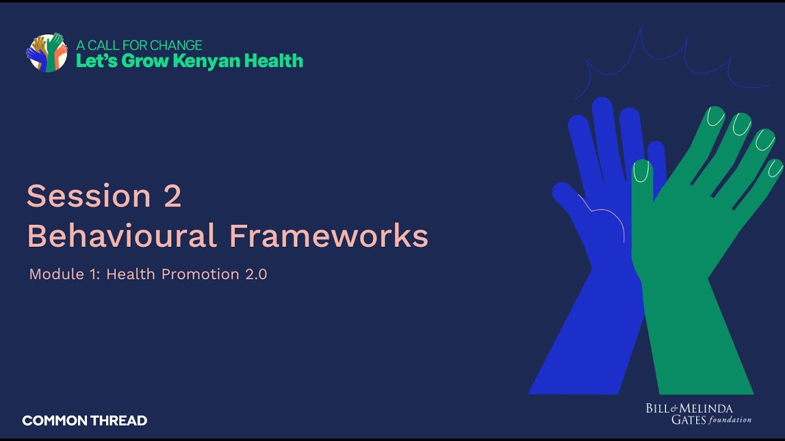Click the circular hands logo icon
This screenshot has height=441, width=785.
[47, 53]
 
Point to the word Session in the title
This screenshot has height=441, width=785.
[88, 196]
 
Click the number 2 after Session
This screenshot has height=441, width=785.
[172, 196]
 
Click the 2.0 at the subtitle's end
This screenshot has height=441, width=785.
[256, 274]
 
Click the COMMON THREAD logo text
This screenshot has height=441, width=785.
[85, 421]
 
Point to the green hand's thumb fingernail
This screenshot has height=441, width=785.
[641, 171]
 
